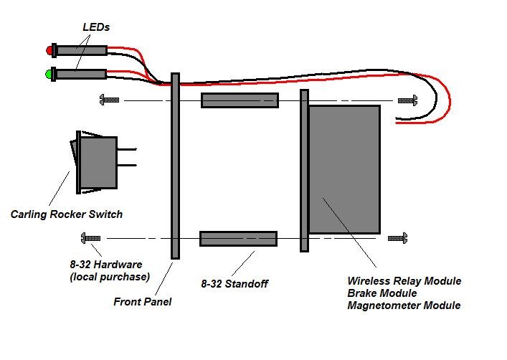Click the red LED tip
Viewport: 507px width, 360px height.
49,50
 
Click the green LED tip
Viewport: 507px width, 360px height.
49,75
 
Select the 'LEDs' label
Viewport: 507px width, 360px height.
96,27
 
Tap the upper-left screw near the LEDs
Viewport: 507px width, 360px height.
109,100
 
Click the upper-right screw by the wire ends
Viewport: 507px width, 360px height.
407,100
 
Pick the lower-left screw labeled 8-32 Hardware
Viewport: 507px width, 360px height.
90,238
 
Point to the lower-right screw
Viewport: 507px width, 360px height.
397,238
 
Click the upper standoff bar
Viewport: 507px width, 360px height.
240,100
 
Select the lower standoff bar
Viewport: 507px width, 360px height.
238,239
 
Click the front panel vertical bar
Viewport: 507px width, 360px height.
175,166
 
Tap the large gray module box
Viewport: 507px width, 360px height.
344,169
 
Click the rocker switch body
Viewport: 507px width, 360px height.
98,162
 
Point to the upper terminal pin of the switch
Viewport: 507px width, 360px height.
127,149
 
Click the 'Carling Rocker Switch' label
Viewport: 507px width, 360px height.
67,214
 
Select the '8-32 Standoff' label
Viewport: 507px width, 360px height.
234,284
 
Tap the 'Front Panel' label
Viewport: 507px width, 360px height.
142,302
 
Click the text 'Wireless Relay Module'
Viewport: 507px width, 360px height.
404,280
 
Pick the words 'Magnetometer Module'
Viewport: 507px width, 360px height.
404,305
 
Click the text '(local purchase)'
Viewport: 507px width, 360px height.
110,278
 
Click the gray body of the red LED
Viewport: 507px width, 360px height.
82,51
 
